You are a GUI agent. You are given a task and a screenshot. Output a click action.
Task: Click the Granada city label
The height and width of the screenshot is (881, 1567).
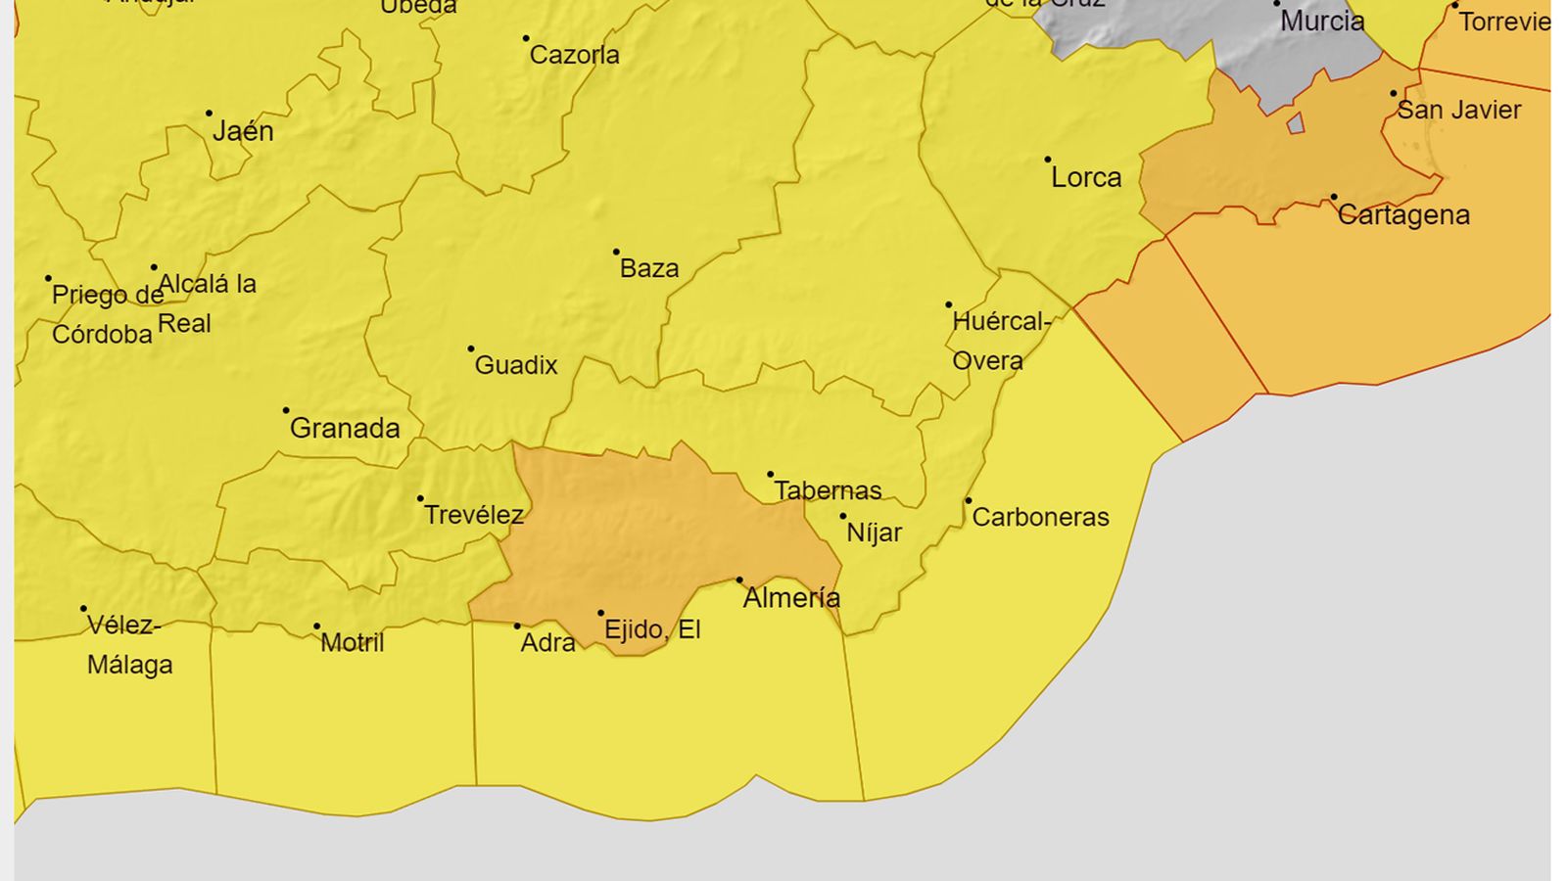[345, 428]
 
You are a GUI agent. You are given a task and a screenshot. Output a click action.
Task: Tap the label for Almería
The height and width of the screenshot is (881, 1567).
[791, 597]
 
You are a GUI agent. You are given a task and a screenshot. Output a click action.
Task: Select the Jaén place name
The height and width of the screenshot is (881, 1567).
[243, 131]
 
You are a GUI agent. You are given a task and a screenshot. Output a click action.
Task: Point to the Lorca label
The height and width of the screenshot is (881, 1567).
[1086, 177]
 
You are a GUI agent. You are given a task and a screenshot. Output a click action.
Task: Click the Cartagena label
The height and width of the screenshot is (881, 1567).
[1403, 215]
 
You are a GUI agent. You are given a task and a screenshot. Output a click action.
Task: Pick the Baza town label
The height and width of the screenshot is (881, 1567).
[649, 268]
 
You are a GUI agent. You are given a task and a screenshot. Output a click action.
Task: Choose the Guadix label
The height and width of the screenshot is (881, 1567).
[516, 365]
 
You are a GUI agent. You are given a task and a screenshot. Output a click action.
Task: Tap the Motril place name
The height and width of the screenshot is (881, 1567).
[353, 642]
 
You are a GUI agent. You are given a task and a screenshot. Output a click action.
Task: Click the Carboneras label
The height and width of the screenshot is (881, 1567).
[1040, 517]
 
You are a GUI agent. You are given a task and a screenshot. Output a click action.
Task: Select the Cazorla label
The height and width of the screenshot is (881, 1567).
[574, 55]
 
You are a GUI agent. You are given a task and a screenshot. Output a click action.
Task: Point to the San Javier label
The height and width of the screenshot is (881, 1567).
[1458, 110]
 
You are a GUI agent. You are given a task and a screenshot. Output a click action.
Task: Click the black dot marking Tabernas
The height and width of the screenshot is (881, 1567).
[770, 475]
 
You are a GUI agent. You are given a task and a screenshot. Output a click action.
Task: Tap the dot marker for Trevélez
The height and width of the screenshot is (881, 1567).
[420, 498]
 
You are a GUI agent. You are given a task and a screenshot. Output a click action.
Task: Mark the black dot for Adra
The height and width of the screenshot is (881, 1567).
[517, 626]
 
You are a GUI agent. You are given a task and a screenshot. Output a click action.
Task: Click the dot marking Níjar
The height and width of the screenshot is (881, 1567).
[842, 516]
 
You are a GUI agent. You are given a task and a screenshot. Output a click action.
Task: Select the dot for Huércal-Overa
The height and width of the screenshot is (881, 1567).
[948, 304]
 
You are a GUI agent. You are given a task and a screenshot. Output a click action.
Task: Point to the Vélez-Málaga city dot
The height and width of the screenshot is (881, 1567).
[83, 609]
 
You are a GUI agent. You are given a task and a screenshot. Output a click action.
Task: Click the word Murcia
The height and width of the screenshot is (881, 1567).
[1322, 22]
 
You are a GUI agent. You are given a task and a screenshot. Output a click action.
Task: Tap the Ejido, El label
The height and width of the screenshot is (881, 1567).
[652, 629]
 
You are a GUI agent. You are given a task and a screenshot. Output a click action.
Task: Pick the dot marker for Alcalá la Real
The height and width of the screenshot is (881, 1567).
[154, 267]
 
